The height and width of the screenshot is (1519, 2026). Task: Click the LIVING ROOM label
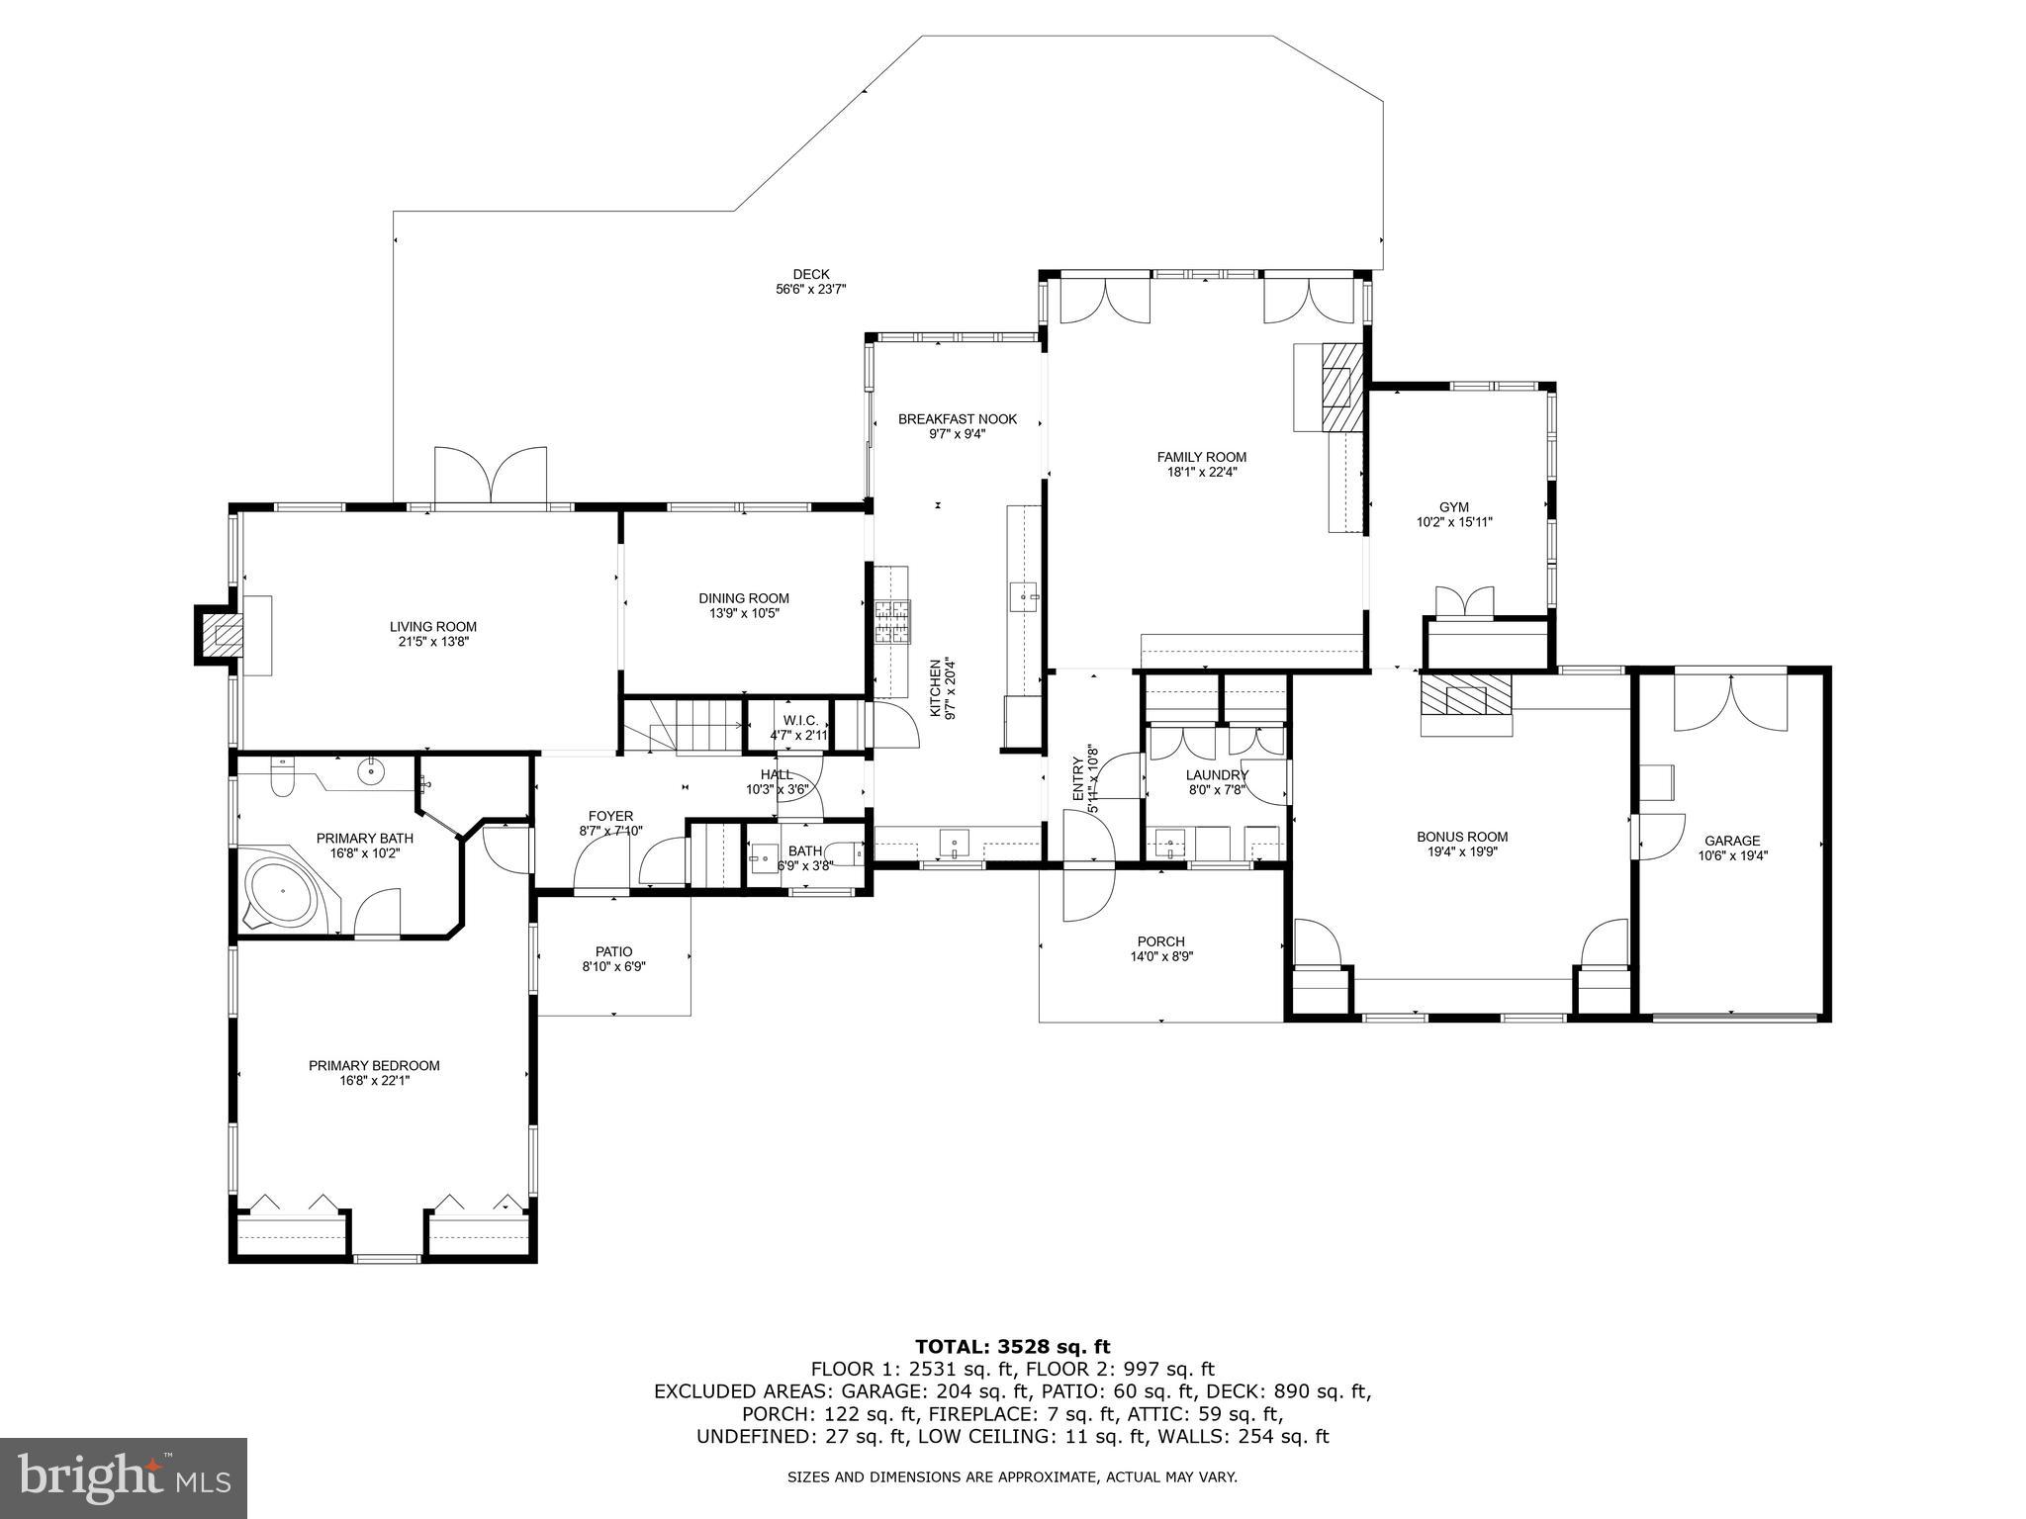click(432, 626)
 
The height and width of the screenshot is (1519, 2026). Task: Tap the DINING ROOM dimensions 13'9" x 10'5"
click(744, 613)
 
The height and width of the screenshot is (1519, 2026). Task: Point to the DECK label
click(810, 275)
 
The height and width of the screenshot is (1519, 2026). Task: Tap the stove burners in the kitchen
click(892, 623)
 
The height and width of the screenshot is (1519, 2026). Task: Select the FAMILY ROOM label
click(1201, 457)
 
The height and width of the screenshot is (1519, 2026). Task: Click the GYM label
click(1453, 507)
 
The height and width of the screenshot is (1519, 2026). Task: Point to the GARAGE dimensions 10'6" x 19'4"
click(1732, 856)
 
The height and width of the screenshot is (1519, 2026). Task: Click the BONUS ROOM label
click(1461, 837)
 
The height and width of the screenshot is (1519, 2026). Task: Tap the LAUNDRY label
click(1217, 775)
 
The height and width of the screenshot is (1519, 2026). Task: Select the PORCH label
click(1160, 941)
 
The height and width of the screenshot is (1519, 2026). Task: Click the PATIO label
click(613, 951)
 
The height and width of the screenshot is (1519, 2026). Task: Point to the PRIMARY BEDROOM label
click(374, 1065)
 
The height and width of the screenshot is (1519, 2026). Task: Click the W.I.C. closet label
click(799, 720)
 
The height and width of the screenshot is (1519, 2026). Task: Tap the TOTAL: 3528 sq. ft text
click(1012, 1346)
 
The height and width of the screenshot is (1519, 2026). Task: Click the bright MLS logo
click(124, 1477)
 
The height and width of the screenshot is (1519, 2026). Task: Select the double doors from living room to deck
click(490, 478)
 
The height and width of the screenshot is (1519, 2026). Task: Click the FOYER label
click(610, 816)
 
